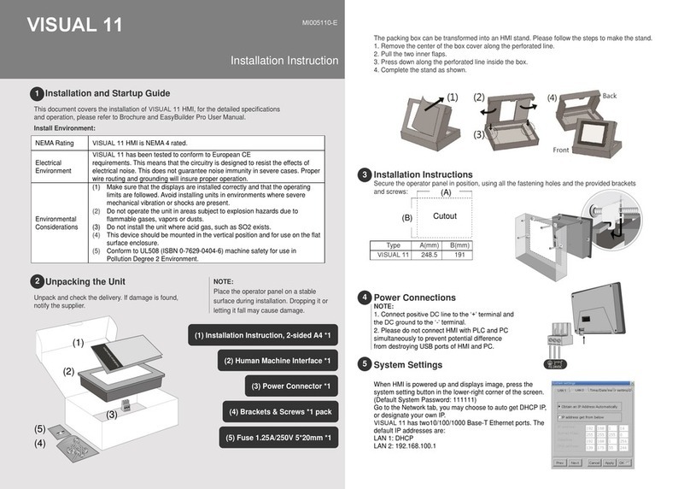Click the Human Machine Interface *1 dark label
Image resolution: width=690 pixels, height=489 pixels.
pyautogui.click(x=279, y=360)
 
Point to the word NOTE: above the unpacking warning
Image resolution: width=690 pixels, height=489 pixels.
pyautogui.click(x=223, y=280)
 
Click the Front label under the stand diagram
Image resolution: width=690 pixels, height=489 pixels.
pyautogui.click(x=560, y=150)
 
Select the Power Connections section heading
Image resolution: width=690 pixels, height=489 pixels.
pyautogui.click(x=415, y=298)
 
